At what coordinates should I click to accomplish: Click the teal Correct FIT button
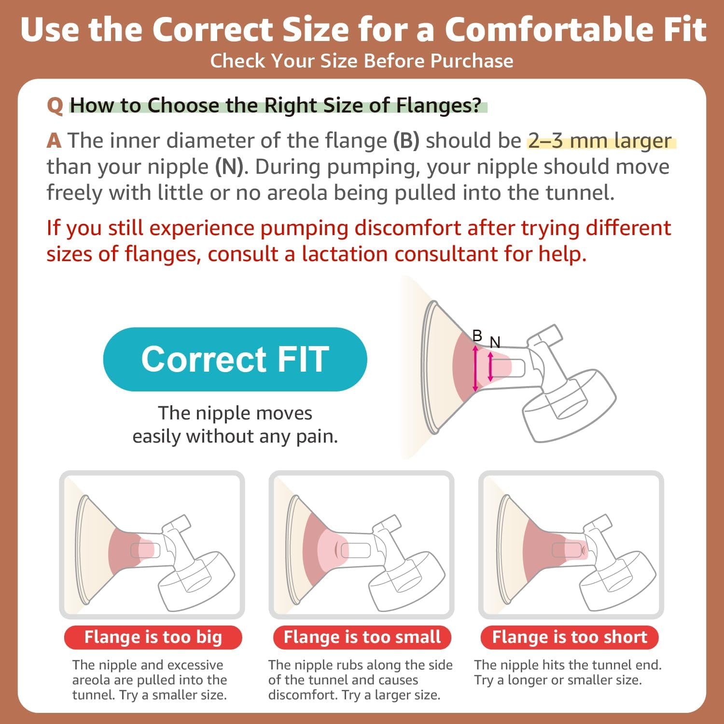(x=235, y=359)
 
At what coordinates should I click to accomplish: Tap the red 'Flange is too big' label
(x=153, y=637)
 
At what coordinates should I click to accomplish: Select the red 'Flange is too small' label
(x=362, y=637)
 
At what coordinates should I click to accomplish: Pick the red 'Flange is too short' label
(x=570, y=637)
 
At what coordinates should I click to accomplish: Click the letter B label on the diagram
(x=477, y=335)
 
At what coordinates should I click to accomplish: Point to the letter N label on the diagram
(x=495, y=342)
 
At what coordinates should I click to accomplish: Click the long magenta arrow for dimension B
(x=475, y=368)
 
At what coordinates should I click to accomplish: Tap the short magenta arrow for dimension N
(x=490, y=367)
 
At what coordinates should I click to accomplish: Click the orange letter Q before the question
(x=55, y=106)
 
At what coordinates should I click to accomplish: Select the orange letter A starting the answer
(x=54, y=141)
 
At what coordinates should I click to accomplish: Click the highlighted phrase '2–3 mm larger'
(x=600, y=141)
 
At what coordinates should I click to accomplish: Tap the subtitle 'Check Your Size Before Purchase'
(x=362, y=61)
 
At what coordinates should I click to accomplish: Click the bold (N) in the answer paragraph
(x=229, y=167)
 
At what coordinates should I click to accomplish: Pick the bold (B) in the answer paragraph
(x=406, y=141)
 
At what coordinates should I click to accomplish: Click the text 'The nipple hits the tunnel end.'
(x=568, y=665)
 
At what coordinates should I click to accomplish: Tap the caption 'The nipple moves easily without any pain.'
(x=235, y=425)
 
